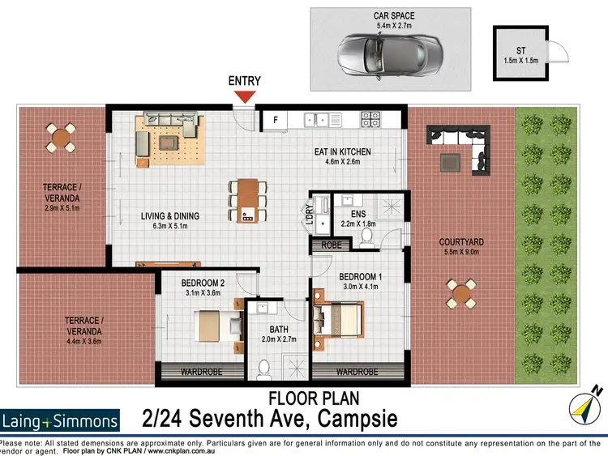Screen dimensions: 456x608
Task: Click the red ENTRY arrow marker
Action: (244, 97)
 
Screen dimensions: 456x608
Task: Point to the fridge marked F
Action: (276, 121)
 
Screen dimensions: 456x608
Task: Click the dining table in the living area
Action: (247, 199)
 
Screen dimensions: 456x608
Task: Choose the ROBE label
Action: (331, 245)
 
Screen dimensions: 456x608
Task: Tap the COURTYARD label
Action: (461, 241)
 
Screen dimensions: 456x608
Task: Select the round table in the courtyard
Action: (461, 293)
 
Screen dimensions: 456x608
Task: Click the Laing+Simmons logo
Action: (60, 420)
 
